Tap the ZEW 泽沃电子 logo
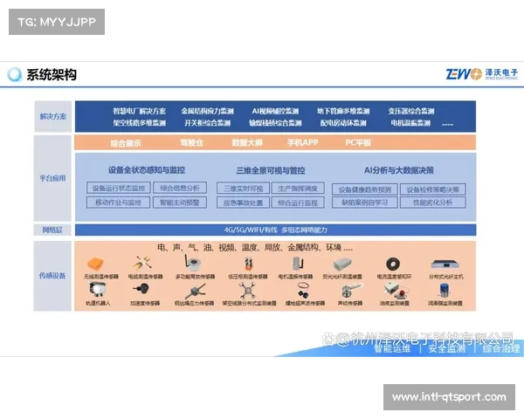coord(481,74)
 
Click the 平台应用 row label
coord(52,177)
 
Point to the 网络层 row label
coord(52,230)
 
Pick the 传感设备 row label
coord(52,275)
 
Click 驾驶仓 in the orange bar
coord(192,141)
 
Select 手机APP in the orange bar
coord(304,141)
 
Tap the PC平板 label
coord(358,141)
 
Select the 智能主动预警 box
coord(179,203)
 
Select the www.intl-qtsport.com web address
coord(448,397)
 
